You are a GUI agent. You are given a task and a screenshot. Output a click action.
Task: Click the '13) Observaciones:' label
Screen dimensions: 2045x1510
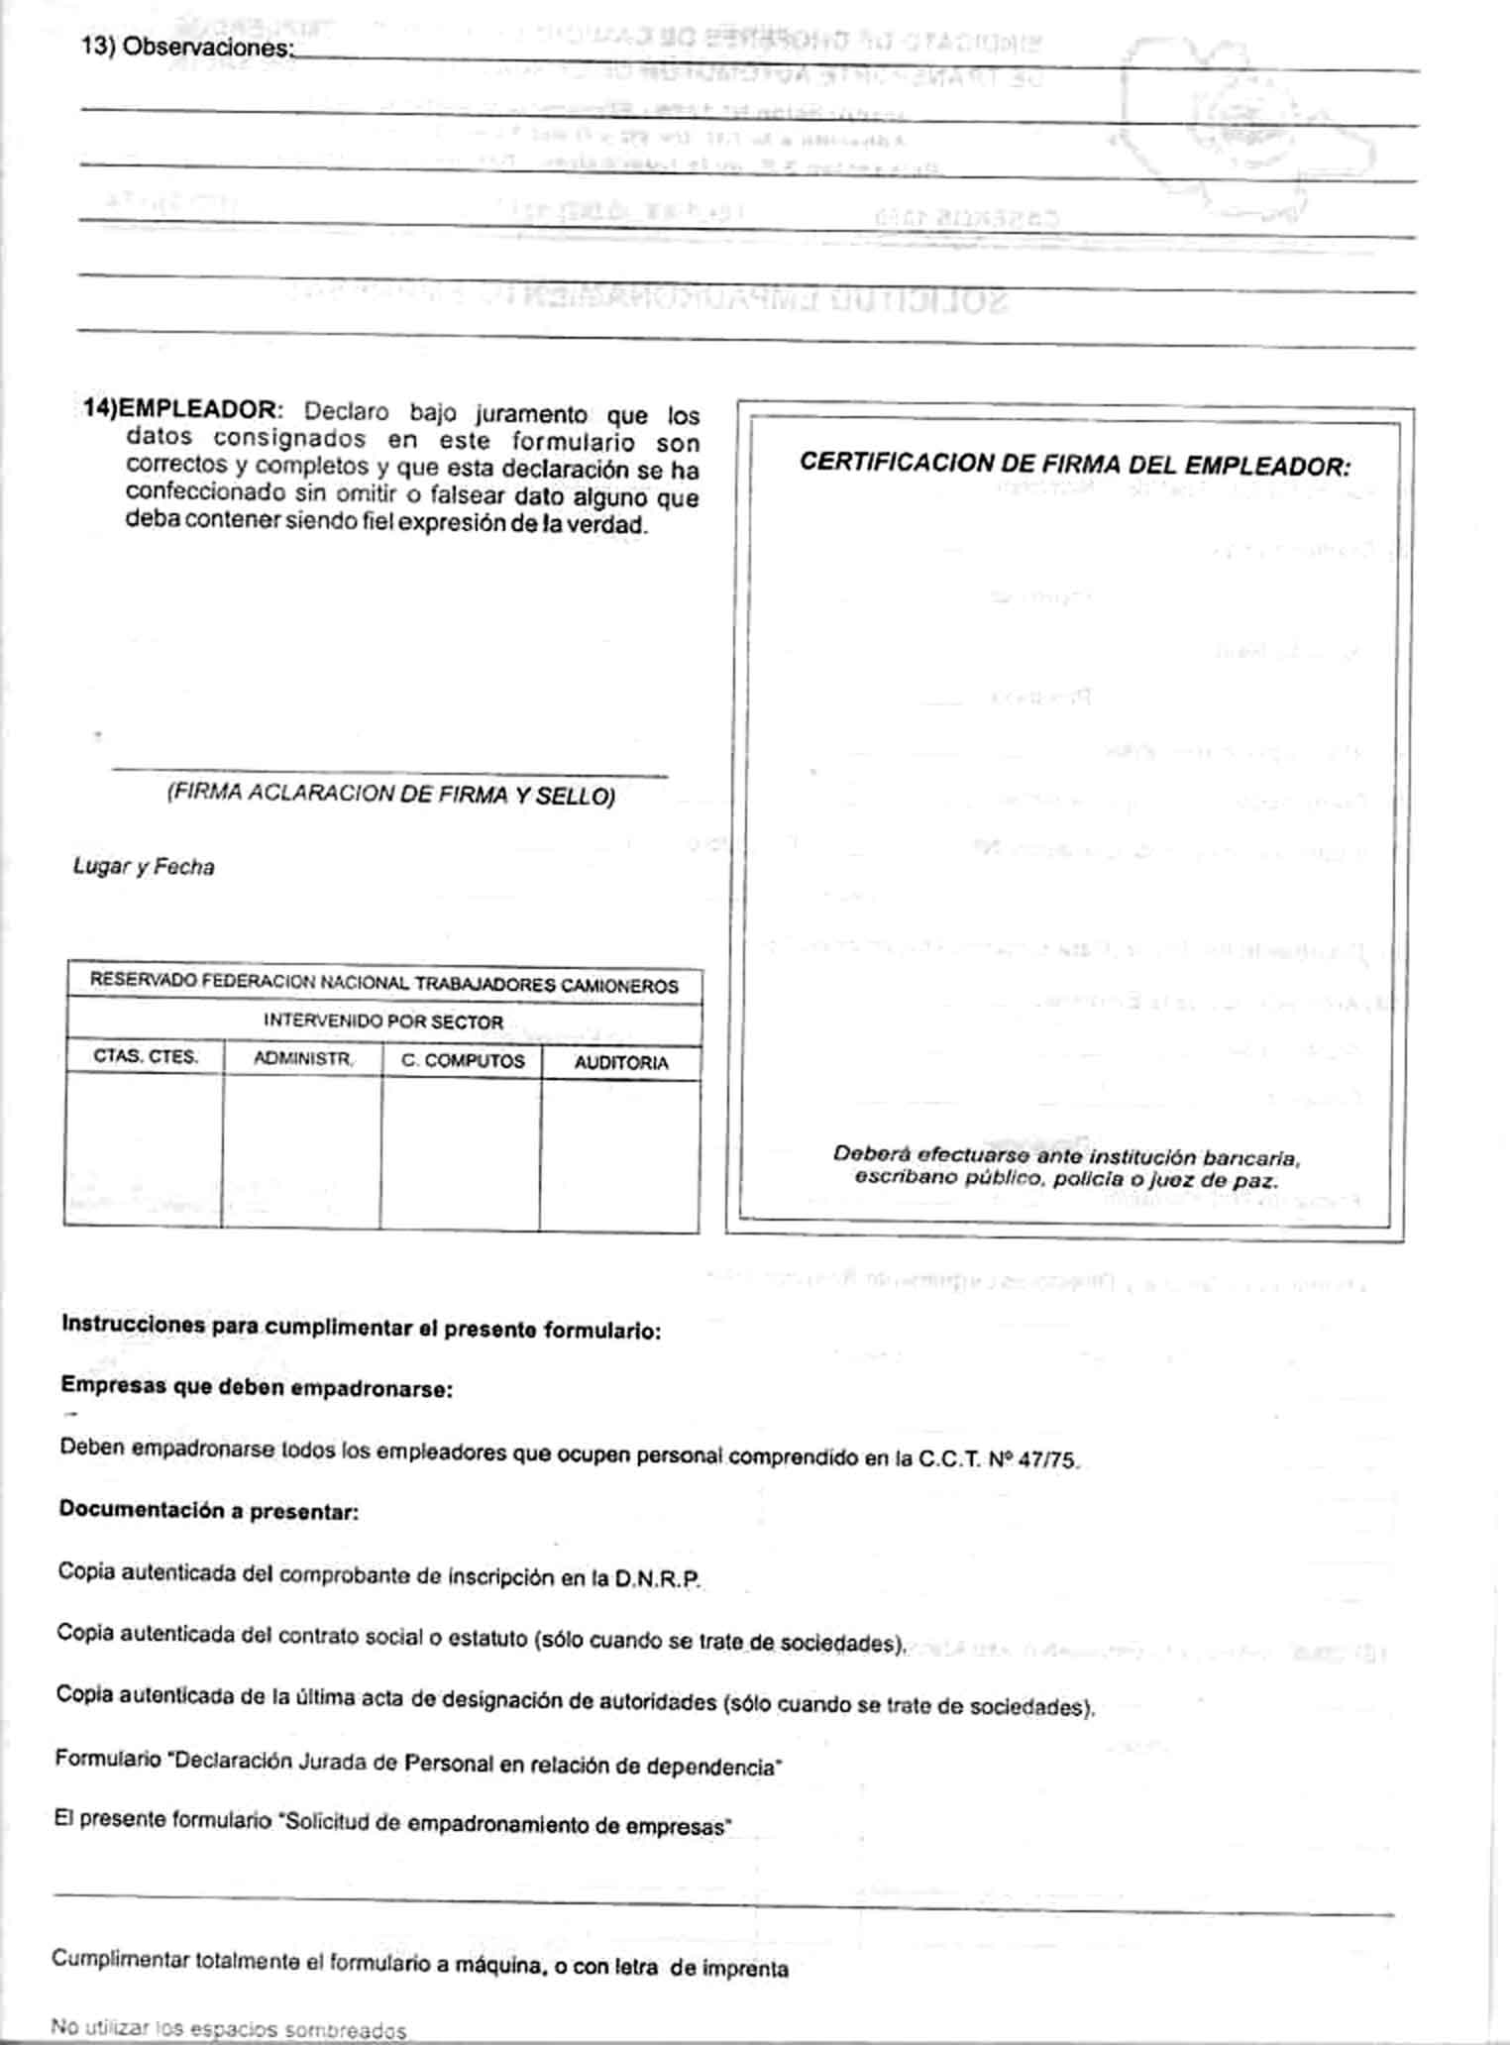(188, 47)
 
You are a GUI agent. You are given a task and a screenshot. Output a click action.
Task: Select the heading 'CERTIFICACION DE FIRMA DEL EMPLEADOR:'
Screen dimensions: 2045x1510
(1074, 465)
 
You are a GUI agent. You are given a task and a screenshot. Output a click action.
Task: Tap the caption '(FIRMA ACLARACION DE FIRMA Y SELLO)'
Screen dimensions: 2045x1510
(390, 794)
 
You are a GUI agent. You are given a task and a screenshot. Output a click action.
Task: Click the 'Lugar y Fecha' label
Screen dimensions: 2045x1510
(144, 867)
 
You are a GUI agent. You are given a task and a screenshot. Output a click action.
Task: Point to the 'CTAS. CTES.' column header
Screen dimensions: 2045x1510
(146, 1056)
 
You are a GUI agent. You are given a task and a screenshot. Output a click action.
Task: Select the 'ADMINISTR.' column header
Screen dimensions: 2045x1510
(303, 1058)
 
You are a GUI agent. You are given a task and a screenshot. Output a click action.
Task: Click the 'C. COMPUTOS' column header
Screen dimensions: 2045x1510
(463, 1060)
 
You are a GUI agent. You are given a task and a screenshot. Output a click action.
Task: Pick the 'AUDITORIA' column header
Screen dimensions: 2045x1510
(621, 1062)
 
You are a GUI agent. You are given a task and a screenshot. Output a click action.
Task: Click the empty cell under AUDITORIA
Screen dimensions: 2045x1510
(620, 1154)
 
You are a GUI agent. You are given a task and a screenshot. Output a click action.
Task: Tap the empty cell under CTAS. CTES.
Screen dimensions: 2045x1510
(145, 1149)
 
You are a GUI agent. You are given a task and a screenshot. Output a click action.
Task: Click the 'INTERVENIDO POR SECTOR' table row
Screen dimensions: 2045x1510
(383, 1021)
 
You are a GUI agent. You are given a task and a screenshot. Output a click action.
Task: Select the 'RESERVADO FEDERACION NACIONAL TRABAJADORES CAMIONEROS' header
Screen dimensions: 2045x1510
(383, 984)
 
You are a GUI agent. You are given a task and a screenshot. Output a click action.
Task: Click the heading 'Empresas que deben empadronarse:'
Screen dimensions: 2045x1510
(257, 1386)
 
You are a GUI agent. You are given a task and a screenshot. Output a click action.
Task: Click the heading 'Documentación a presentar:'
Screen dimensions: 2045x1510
(208, 1510)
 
